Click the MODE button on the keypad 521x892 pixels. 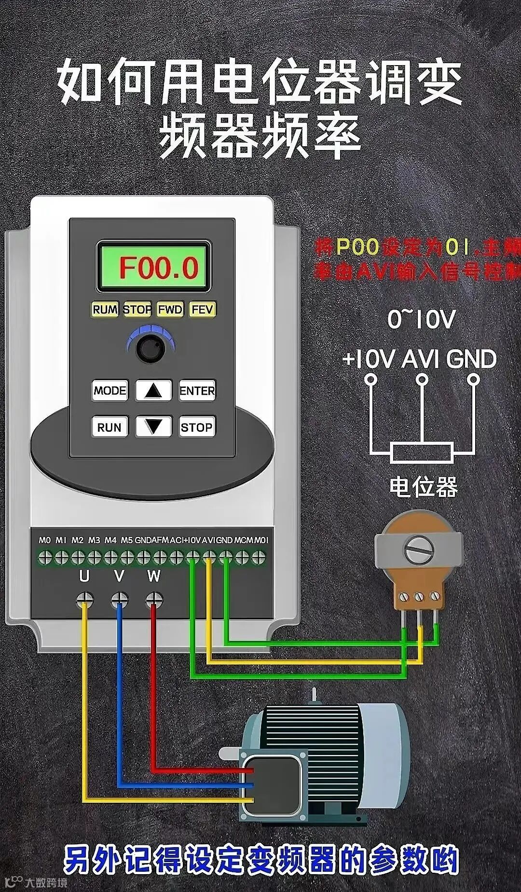110,390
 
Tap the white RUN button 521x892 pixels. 110,427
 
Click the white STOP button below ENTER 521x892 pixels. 197,427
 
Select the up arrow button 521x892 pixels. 153,390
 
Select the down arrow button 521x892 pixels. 153,427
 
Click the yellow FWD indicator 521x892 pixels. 170,309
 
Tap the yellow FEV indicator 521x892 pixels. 202,309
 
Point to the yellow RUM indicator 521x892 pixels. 105,309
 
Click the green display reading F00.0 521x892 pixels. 154,267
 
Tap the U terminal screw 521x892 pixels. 85,600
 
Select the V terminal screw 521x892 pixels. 119,600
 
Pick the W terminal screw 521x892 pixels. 154,600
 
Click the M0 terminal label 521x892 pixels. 45,540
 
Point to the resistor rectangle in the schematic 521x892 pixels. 422,453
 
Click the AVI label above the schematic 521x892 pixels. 421,359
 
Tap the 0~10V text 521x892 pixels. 422,319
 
